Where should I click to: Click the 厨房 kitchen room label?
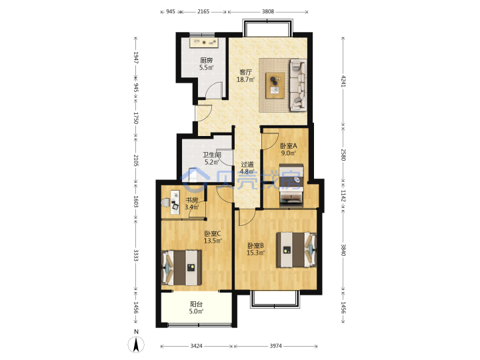click(x=206, y=60)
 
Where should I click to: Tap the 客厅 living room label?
click(x=245, y=72)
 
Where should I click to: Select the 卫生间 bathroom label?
click(x=212, y=155)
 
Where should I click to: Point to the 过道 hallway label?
click(x=247, y=165)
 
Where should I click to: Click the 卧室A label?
click(x=289, y=146)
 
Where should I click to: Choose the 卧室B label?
click(x=255, y=245)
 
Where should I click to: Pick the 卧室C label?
click(x=213, y=233)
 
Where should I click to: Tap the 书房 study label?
click(x=192, y=200)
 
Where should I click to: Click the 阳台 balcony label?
click(x=196, y=304)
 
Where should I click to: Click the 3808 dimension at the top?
click(x=268, y=11)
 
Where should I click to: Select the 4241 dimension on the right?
click(x=343, y=81)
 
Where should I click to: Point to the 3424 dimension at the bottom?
click(x=196, y=346)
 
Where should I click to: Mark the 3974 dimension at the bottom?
click(x=275, y=346)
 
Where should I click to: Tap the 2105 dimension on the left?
click(x=136, y=161)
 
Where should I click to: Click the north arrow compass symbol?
click(x=136, y=344)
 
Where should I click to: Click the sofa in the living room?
click(x=298, y=85)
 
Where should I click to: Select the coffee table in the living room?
click(x=275, y=85)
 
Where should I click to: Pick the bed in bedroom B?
click(x=296, y=250)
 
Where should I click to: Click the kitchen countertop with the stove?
click(x=203, y=43)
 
